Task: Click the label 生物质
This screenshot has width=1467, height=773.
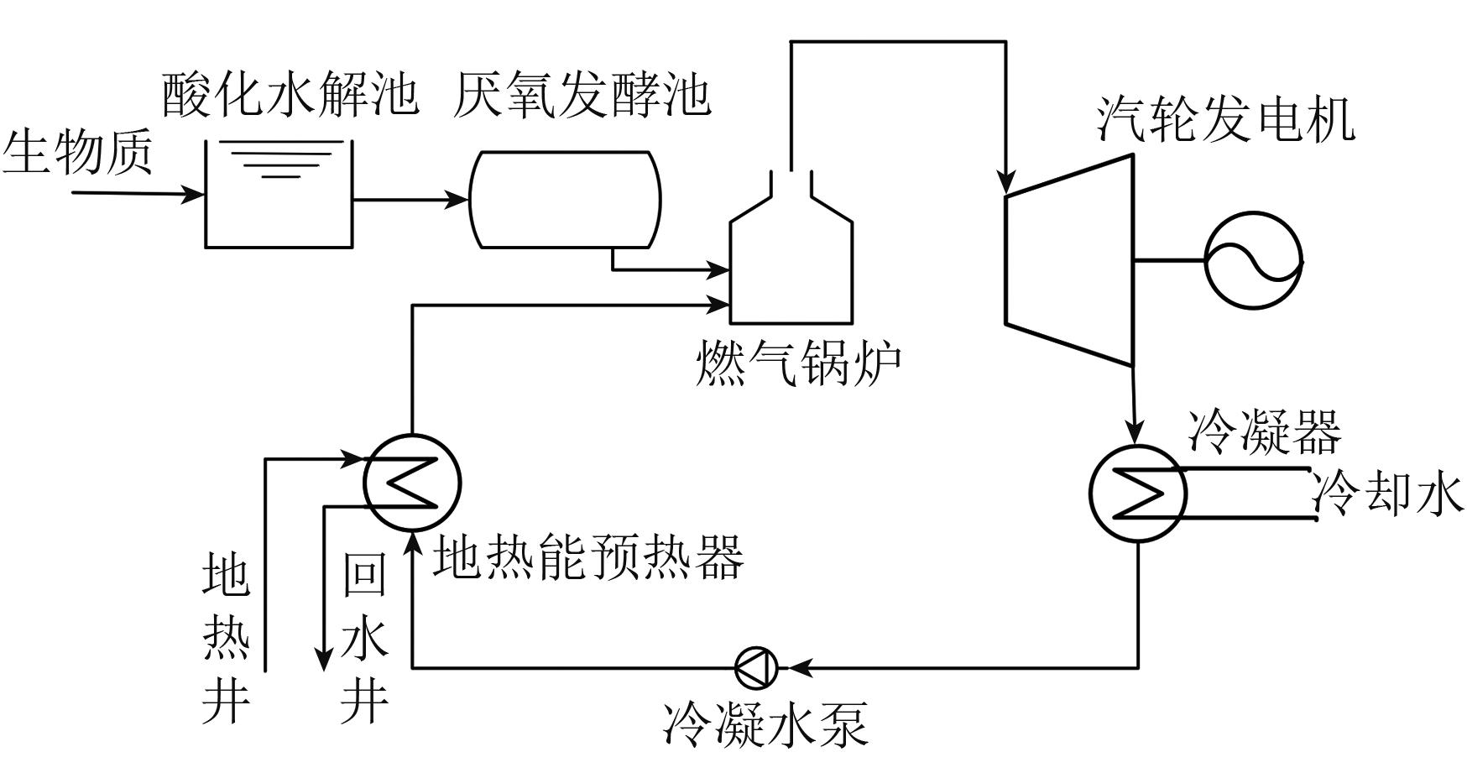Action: [x=78, y=154]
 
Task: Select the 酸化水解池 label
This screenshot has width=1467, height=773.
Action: [x=290, y=93]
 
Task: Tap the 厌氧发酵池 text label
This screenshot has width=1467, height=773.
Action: [x=581, y=93]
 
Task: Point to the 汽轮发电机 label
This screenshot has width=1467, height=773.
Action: [x=1225, y=119]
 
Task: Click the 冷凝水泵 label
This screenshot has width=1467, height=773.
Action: [x=765, y=723]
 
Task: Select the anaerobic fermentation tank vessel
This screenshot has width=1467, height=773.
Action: [x=565, y=200]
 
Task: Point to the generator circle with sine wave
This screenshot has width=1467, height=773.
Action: [x=1253, y=260]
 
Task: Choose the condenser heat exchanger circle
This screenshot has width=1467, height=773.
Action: [x=1137, y=493]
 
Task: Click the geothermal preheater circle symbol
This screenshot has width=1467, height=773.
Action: [x=412, y=483]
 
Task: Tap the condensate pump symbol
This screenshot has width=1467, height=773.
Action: [x=756, y=668]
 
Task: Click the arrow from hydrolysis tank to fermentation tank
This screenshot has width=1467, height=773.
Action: [x=410, y=200]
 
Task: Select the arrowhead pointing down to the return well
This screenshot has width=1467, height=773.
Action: [x=324, y=661]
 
